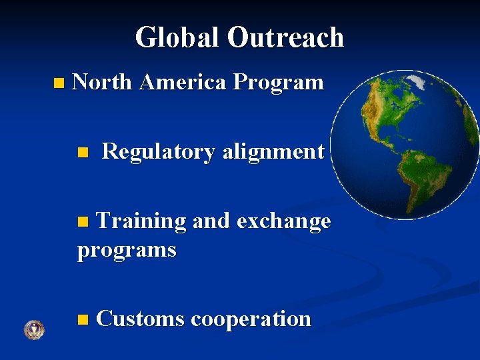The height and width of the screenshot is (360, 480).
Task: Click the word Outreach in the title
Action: click(285, 37)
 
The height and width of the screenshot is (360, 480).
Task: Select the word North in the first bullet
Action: click(103, 83)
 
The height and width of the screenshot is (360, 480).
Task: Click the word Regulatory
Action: click(158, 152)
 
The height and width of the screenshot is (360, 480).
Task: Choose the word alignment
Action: click(273, 152)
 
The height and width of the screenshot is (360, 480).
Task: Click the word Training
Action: click(141, 221)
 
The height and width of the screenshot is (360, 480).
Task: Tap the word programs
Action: click(127, 251)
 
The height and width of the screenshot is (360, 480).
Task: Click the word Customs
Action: click(140, 319)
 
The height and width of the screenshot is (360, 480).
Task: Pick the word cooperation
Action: click(251, 319)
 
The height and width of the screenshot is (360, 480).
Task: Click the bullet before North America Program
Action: click(59, 84)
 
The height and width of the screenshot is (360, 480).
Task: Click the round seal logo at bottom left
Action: click(33, 330)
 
